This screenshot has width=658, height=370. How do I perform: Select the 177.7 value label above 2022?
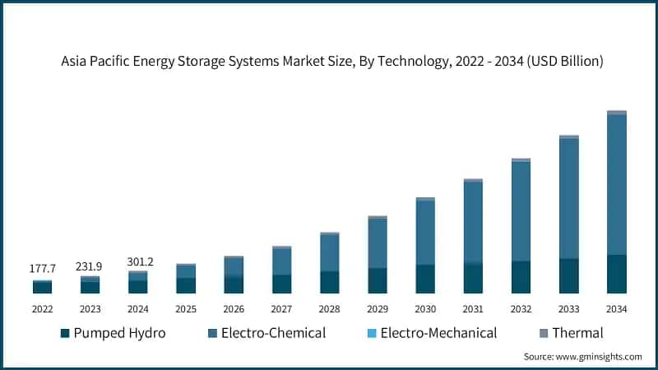(x=42, y=269)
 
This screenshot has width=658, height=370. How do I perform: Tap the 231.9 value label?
(x=90, y=266)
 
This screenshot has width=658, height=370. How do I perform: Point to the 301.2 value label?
(x=137, y=261)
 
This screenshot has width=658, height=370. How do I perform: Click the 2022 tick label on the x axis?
(x=42, y=309)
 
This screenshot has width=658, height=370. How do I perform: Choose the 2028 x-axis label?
(x=329, y=309)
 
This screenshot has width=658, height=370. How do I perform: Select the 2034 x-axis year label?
(x=616, y=309)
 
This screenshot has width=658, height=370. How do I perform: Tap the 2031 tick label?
(x=473, y=309)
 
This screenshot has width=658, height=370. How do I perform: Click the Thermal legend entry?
(x=577, y=333)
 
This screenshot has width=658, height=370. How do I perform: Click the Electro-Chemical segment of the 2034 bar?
(x=616, y=185)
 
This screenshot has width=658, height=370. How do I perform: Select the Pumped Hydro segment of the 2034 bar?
(x=616, y=274)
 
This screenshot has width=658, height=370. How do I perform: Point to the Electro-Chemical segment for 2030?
(x=425, y=233)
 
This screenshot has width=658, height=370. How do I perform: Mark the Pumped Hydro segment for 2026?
(x=234, y=284)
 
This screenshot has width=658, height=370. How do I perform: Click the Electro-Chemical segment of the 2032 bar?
(x=521, y=211)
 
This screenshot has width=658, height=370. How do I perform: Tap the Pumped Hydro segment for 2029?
(x=377, y=280)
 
